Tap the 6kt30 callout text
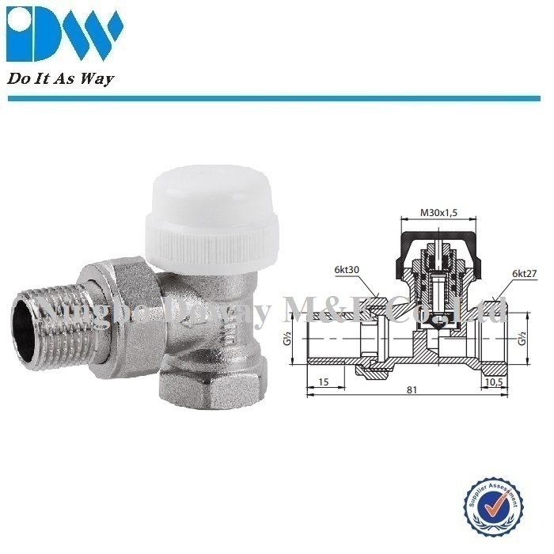347,271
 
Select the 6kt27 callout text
524,273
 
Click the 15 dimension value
322,382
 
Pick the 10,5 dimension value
494,382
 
